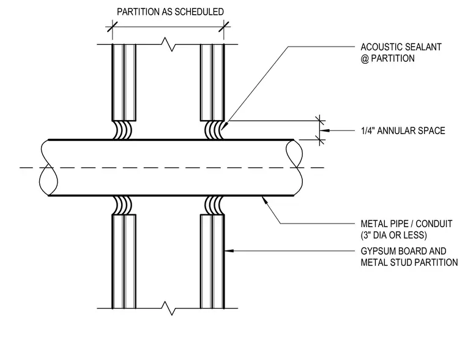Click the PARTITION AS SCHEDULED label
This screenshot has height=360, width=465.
point(170,12)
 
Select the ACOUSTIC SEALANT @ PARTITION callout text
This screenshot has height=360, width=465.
point(401,53)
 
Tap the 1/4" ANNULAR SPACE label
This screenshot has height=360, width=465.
point(403,130)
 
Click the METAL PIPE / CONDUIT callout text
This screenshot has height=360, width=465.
point(406,223)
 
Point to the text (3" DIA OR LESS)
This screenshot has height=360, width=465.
point(394,235)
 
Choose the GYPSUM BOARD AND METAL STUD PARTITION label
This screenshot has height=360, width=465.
point(409,257)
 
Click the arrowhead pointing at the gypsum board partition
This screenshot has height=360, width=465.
point(229,251)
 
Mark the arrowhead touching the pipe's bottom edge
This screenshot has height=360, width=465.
point(264,200)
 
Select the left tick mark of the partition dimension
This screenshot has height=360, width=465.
point(113,26)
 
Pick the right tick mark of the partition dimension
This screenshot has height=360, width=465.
point(224,26)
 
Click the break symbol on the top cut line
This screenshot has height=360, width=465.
point(168,45)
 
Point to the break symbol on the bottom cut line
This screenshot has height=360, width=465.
point(168,309)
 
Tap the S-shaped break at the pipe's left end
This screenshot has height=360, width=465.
point(48,168)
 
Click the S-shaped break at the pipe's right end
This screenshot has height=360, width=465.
point(294,168)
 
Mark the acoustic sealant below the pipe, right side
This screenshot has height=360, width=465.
point(215,205)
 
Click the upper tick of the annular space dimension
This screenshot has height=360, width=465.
point(319,121)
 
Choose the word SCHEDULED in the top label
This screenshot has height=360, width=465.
point(199,12)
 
